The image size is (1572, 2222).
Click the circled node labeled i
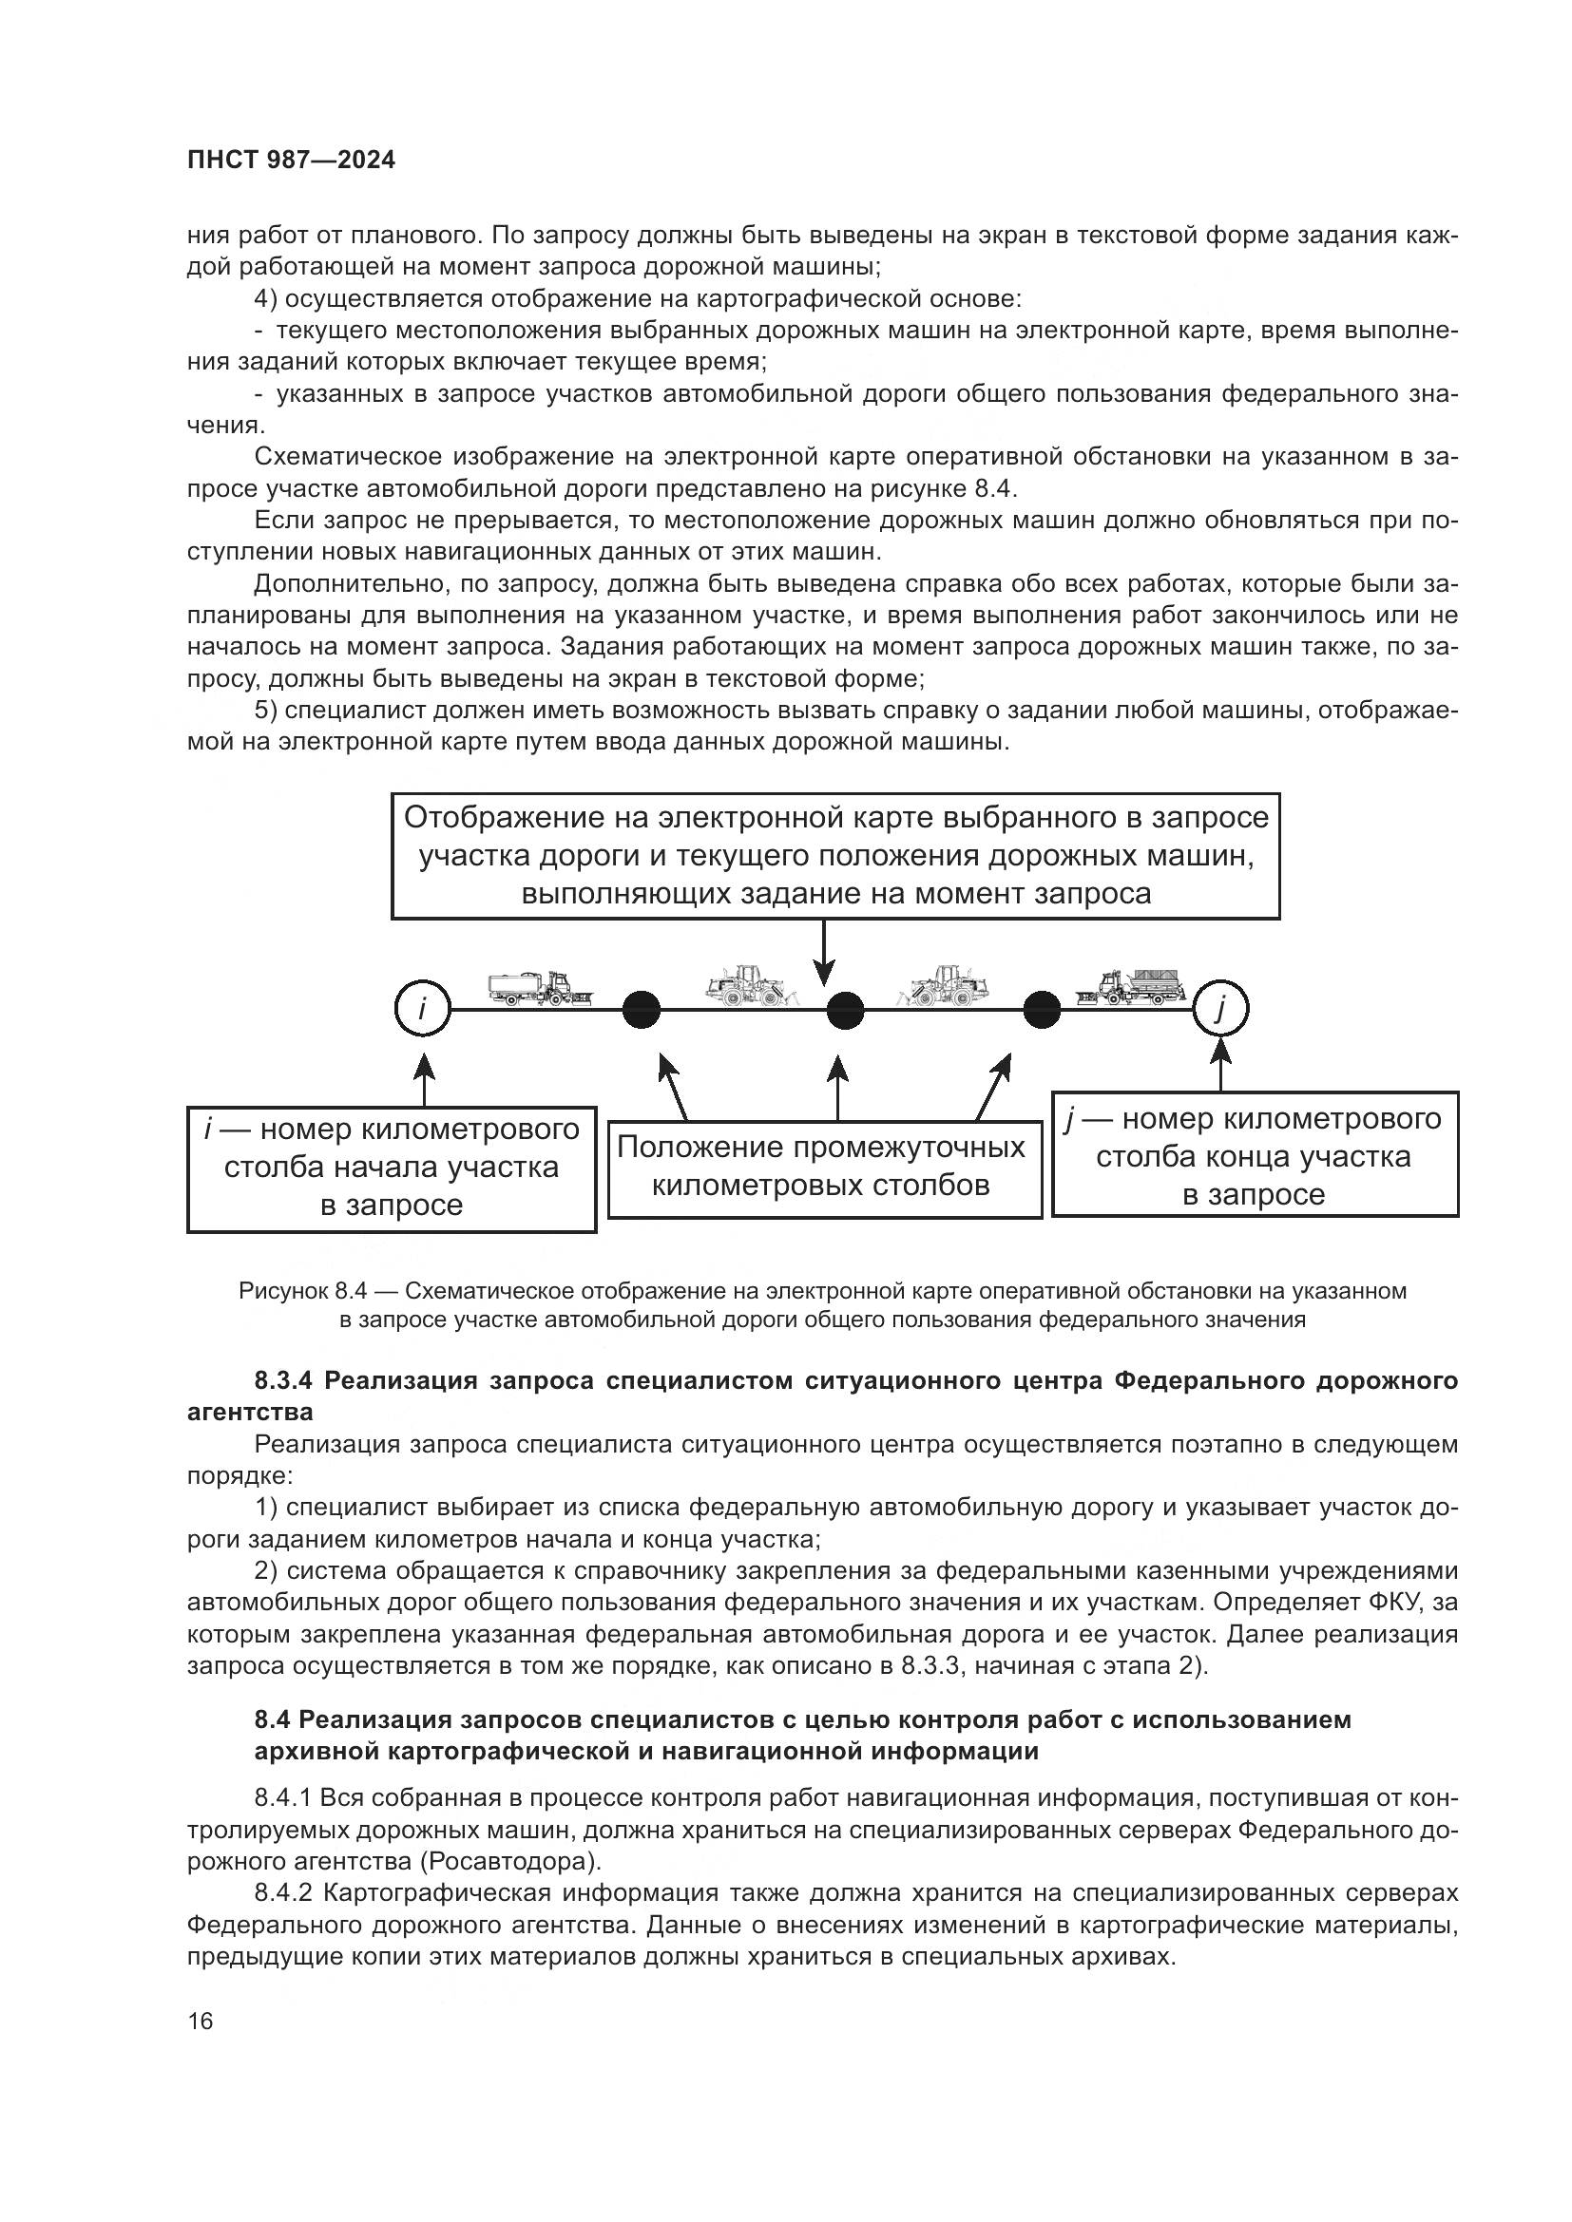[x=423, y=1009]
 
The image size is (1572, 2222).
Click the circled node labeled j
[x=1219, y=1010]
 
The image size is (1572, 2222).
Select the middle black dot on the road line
[x=844, y=1011]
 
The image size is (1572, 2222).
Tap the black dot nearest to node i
[x=641, y=1011]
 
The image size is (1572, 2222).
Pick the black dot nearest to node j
[x=1042, y=1011]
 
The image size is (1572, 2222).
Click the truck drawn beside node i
[x=539, y=988]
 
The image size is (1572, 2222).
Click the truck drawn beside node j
[x=1130, y=987]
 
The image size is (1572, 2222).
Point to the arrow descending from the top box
[x=824, y=952]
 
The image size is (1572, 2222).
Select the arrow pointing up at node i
[x=424, y=1079]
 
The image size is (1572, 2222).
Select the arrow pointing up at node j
[x=1221, y=1065]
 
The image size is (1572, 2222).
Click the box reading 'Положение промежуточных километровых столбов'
[x=824, y=1168]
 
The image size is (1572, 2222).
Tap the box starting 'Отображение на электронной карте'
[x=835, y=856]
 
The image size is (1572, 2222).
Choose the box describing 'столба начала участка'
[x=391, y=1169]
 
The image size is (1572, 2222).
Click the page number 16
[x=201, y=2021]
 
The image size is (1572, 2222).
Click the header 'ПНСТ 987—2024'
[x=292, y=161]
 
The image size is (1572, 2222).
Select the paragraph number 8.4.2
[x=282, y=1893]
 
